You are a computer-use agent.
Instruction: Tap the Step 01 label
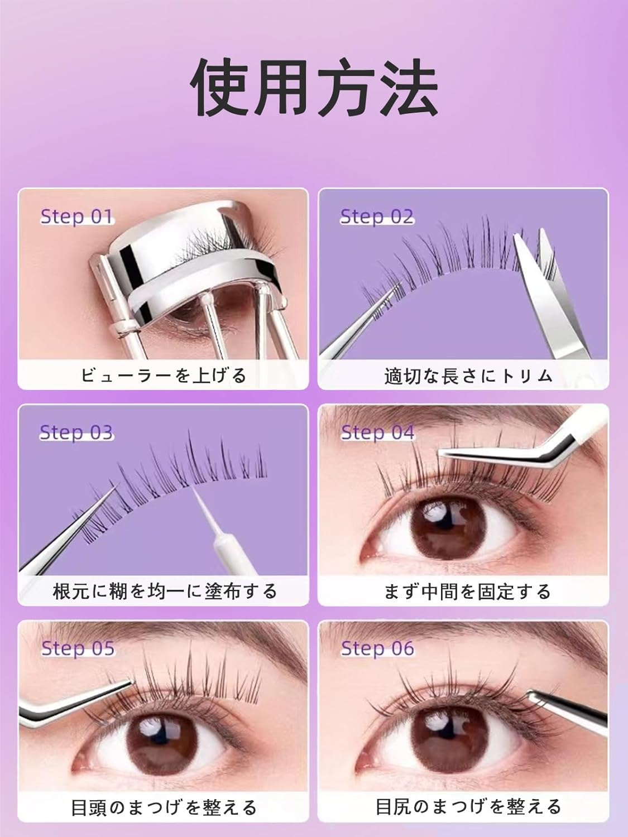(x=76, y=217)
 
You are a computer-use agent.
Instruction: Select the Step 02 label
(x=377, y=217)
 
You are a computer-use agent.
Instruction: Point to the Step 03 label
(x=76, y=432)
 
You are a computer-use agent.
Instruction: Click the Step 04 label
(x=377, y=432)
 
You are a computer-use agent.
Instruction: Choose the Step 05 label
(x=78, y=648)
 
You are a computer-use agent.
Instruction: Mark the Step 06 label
(x=377, y=648)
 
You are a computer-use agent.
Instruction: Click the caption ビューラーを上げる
(x=163, y=375)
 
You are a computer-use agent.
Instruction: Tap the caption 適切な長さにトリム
(x=468, y=376)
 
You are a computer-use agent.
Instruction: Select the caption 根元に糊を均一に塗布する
(x=165, y=590)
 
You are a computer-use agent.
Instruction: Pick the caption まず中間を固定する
(x=468, y=591)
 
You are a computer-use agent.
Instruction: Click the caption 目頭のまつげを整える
(x=164, y=807)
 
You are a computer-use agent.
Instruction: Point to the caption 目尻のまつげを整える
(x=468, y=806)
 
